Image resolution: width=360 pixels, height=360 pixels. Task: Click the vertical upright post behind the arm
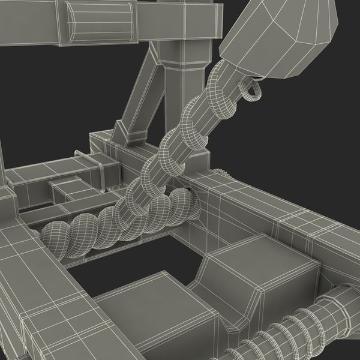click(183, 90)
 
